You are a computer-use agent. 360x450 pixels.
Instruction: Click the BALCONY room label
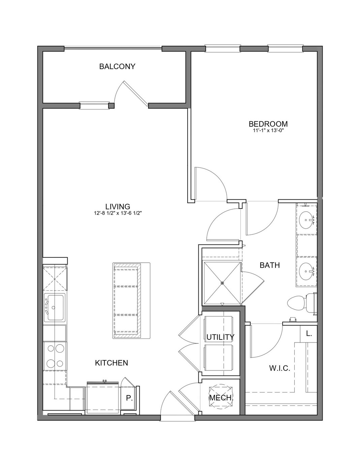[x=117, y=66]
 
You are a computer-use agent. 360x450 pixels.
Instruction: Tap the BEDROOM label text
[x=268, y=124]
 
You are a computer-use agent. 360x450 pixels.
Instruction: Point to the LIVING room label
[x=118, y=206]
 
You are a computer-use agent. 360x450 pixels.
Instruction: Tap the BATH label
[x=270, y=265]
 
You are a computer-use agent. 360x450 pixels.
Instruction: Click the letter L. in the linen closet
[x=309, y=334]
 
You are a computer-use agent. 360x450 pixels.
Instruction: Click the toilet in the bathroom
[x=302, y=304]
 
